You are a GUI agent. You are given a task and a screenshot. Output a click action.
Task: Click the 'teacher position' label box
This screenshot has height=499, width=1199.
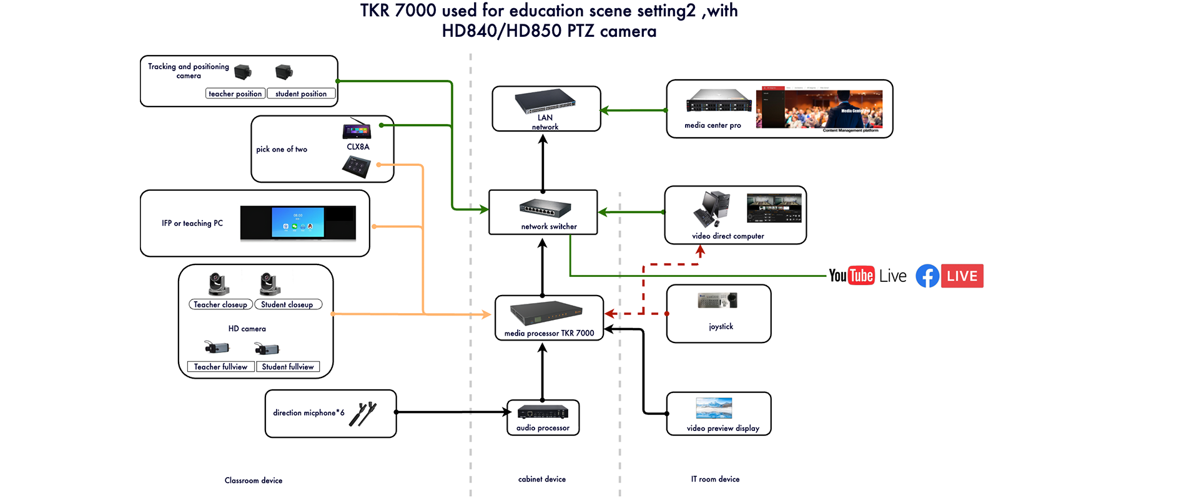click(235, 94)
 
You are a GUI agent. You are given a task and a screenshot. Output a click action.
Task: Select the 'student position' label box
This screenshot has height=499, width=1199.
click(301, 94)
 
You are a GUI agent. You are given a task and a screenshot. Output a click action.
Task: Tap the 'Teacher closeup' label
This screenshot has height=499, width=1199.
click(220, 304)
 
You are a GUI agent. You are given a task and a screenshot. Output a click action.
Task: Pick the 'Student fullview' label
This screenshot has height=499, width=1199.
click(288, 367)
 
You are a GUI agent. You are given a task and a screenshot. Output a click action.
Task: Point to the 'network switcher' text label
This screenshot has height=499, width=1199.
click(549, 226)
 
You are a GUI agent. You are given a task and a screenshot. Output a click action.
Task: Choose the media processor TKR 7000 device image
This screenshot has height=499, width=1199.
click(546, 314)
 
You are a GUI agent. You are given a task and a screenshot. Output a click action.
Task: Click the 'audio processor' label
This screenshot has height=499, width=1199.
click(543, 428)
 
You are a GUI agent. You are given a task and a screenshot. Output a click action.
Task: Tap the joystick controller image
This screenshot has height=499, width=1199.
click(718, 301)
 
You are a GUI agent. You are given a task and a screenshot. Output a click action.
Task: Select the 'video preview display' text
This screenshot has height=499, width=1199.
click(723, 428)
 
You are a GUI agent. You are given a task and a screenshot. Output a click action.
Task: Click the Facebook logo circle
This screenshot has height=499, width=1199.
click(927, 276)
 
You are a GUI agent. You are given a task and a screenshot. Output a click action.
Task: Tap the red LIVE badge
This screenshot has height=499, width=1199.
click(962, 276)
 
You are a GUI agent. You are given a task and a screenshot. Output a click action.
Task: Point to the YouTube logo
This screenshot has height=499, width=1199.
click(851, 276)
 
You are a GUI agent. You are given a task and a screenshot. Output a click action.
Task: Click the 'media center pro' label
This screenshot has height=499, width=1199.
click(713, 125)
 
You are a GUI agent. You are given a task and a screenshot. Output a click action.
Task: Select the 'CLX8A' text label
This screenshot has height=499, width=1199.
click(358, 147)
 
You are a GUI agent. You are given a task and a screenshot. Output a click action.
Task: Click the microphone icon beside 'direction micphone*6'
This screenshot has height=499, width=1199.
click(363, 414)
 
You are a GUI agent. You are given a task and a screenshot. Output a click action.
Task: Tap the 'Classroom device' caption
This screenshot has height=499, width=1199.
click(254, 480)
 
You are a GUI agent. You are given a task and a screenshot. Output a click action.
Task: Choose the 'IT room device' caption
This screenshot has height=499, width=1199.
click(715, 479)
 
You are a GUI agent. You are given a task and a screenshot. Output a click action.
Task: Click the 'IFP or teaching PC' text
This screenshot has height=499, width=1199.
click(192, 223)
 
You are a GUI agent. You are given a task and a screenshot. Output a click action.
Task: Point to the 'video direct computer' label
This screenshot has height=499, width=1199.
click(728, 236)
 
